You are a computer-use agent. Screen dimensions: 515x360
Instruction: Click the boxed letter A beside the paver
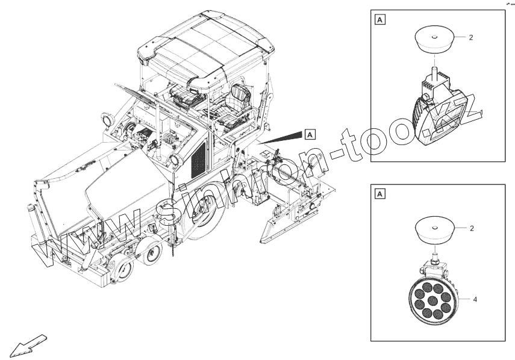coord(310,134)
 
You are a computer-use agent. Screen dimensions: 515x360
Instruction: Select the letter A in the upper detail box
coord(380,20)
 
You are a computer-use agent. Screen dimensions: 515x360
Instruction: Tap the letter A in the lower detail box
coord(380,194)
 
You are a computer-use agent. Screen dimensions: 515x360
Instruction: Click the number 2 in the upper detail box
coord(471,37)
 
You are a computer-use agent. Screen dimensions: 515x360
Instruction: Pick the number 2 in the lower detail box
coord(471,229)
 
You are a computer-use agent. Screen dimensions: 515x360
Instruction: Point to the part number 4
coord(475,299)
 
